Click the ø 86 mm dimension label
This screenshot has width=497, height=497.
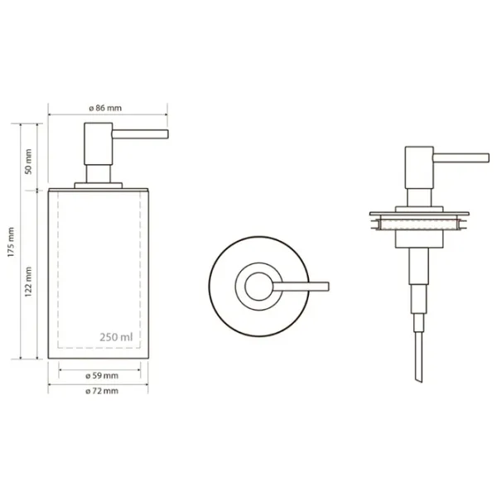click(x=105, y=108)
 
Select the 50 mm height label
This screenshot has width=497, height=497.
click(x=28, y=162)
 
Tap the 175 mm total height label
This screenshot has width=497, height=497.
click(x=12, y=242)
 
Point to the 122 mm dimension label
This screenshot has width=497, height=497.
click(x=28, y=282)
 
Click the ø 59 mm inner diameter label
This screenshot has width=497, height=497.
click(x=102, y=376)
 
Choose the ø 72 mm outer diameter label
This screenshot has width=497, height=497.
click(x=102, y=391)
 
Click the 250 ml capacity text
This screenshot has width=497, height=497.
click(x=116, y=337)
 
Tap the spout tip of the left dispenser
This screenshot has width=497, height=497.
click(x=167, y=134)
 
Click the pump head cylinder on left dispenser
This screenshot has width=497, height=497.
click(x=99, y=143)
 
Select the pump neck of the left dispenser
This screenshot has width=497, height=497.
click(x=99, y=174)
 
